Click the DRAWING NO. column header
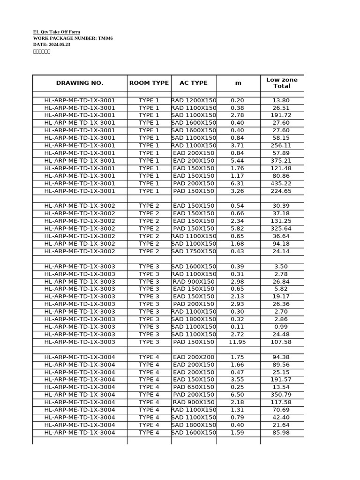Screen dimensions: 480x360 pyautogui.click(x=80, y=83)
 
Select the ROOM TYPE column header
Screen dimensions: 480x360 pyautogui.click(x=149, y=83)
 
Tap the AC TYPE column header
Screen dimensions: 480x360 pyautogui.click(x=194, y=83)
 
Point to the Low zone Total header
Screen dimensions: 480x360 pyautogui.click(x=282, y=83)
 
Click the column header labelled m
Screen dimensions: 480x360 pyautogui.click(x=238, y=83)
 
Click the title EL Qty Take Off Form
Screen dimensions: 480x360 pyautogui.click(x=56, y=32)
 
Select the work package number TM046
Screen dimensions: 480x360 pyautogui.click(x=105, y=38)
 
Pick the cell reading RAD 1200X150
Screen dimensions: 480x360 pyautogui.click(x=194, y=100)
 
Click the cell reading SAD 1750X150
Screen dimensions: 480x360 pyautogui.click(x=194, y=251)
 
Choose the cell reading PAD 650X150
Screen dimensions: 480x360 pyautogui.click(x=194, y=387)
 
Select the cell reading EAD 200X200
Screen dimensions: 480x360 pyautogui.click(x=194, y=357)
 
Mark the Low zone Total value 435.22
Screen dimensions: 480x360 pyautogui.click(x=281, y=183)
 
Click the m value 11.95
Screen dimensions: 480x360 pyautogui.click(x=238, y=342)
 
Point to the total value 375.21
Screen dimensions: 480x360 pyautogui.click(x=281, y=161)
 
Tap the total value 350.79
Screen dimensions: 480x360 pyautogui.click(x=281, y=395)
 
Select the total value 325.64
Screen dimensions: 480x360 pyautogui.click(x=281, y=229)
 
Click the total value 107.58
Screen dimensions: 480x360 pyautogui.click(x=281, y=342)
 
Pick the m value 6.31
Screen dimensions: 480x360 pyautogui.click(x=238, y=183)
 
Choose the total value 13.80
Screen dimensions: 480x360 pyautogui.click(x=281, y=100)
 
